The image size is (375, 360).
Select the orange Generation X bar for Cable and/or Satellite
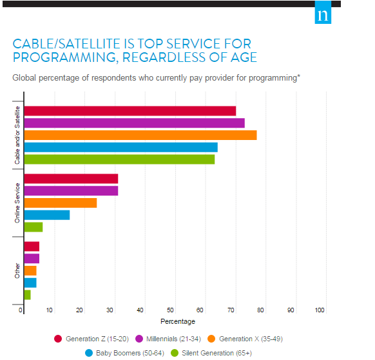click(x=140, y=135)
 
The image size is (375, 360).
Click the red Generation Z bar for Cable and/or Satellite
click(x=130, y=111)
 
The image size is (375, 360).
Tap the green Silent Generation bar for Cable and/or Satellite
click(x=119, y=159)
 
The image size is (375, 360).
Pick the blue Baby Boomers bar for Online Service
click(x=46, y=215)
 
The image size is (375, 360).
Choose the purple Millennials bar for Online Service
click(x=71, y=191)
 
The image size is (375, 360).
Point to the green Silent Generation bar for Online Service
click(x=33, y=227)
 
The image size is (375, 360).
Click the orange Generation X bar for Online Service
click(x=60, y=203)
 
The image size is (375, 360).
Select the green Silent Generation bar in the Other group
click(x=27, y=295)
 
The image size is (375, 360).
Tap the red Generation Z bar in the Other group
click(x=32, y=246)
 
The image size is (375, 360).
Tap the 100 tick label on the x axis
click(x=320, y=311)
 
